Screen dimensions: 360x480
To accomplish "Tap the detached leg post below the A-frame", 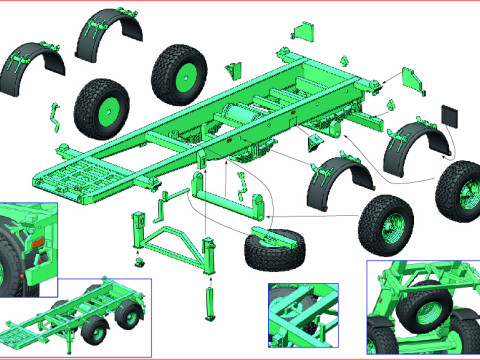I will click(210, 299).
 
